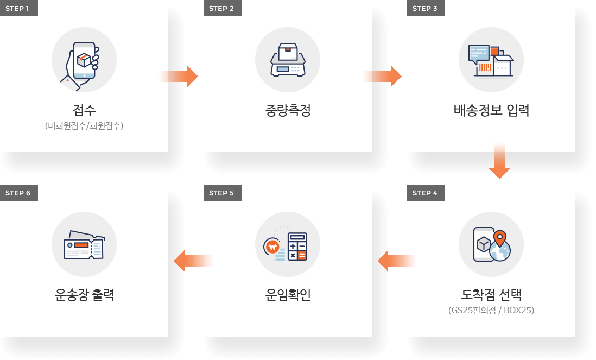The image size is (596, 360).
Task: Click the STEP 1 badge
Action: (18, 8)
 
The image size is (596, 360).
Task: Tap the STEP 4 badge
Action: (426, 193)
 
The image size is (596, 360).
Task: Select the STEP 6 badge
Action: (18, 193)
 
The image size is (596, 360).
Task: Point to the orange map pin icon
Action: (499, 238)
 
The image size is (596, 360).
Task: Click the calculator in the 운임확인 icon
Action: (297, 247)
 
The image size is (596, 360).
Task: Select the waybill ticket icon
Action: (84, 245)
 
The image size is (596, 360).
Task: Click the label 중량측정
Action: (288, 110)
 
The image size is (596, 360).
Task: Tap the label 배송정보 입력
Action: (491, 110)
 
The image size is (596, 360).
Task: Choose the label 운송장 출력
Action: (84, 295)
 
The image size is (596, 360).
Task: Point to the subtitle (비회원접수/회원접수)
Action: (84, 126)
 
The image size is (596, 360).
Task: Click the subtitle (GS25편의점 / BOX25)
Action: (491, 311)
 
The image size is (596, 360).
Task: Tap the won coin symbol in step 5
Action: (272, 247)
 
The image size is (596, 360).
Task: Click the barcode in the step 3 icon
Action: (485, 68)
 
